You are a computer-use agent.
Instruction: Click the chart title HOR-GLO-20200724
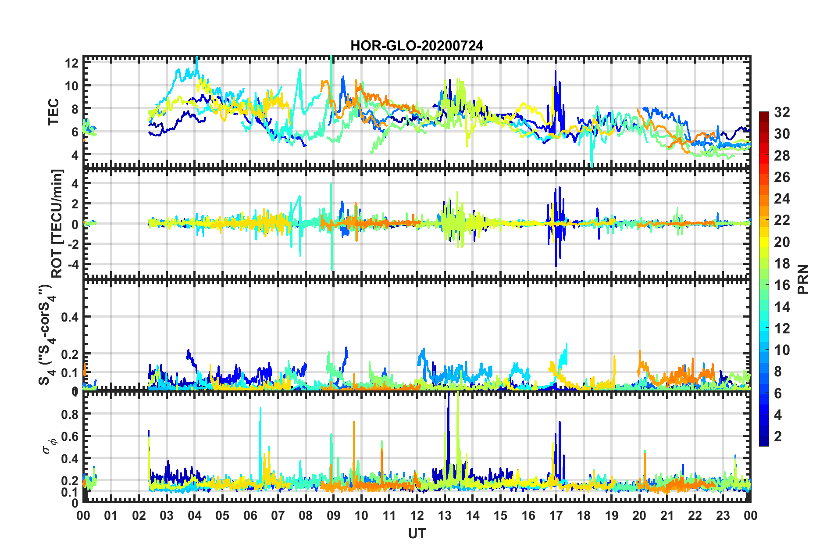417,46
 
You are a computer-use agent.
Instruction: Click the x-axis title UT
417,533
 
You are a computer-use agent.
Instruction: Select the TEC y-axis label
53,112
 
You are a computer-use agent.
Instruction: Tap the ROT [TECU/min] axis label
57,223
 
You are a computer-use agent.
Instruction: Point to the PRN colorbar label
803,279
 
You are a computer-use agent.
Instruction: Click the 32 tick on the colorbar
782,112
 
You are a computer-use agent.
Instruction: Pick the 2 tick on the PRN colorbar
778,436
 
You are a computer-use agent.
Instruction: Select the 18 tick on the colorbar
782,264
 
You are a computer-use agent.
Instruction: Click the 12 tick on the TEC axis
71,63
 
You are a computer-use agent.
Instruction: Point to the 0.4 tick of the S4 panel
70,317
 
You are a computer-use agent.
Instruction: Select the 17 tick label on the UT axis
556,515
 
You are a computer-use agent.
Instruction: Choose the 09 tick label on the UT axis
333,515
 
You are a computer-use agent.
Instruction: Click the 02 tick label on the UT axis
139,515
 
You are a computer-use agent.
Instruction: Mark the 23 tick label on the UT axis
723,515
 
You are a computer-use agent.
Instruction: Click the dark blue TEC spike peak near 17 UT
556,71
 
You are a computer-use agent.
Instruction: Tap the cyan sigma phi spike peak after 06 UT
260,408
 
